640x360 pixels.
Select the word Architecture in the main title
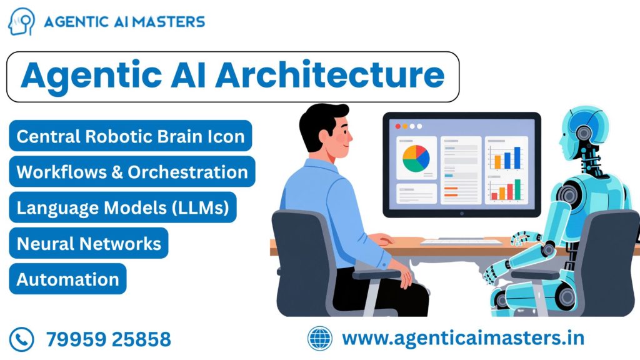pos(330,76)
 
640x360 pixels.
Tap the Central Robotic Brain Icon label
pos(130,136)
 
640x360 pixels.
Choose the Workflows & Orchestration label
pos(132,172)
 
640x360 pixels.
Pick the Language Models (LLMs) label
pos(122,207)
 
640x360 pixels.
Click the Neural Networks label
pos(89,243)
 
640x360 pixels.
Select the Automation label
pos(67,279)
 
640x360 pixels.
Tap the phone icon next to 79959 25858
pos(22,339)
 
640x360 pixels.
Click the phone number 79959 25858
pos(108,339)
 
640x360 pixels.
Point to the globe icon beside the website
pos(321,339)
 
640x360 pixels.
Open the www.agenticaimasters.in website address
pos(463,339)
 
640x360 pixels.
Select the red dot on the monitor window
pos(396,126)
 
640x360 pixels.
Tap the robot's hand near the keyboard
pos(519,238)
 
